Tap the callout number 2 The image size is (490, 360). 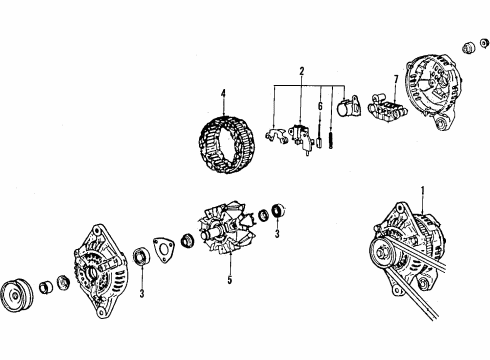coord(302,71)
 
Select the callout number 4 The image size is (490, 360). coord(223,93)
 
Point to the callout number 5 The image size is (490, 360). coord(230,280)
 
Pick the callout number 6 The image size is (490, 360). coord(320,106)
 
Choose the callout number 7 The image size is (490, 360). coord(396,79)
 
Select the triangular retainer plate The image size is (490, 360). coord(163,250)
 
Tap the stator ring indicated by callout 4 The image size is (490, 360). coord(228,145)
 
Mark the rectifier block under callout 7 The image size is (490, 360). coord(387,107)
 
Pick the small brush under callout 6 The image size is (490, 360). coord(320,143)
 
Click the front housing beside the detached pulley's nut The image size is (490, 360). coord(101,271)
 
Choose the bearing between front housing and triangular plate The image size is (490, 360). coord(141,257)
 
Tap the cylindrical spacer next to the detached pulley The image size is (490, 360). coord(46,287)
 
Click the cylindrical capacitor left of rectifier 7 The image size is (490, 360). coord(349,107)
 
